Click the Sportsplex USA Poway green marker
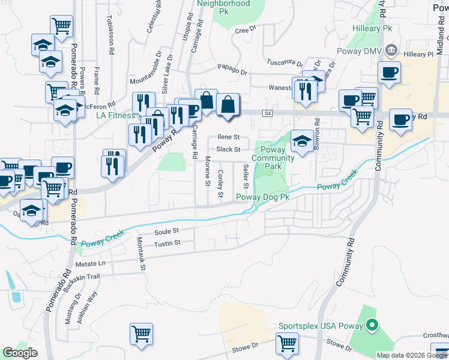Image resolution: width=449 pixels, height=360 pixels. pos(372,326)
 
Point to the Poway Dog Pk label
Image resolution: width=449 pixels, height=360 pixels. pos(263,197)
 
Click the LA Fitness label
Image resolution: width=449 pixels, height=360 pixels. pos(115,115)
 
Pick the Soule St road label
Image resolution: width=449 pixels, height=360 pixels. pos(166,230)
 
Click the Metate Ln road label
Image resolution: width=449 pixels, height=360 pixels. pos(91,263)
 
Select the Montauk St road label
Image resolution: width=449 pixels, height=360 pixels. pos(140,253)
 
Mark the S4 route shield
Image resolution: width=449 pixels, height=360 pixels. pos(267,112)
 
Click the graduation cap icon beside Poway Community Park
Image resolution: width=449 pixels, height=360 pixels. pos(302,142)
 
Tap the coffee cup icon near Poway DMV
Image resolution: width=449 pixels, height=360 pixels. pos(389,73)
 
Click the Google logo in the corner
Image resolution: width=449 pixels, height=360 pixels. pos(20,352)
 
